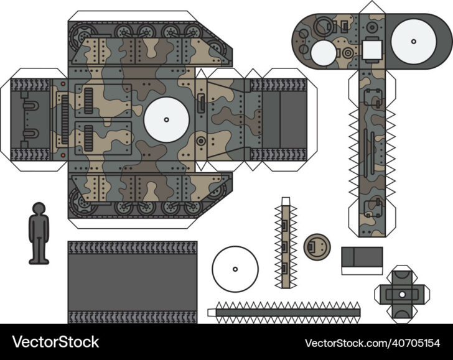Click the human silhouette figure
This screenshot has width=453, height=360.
[39, 233]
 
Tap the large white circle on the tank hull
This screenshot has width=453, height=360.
[166, 119]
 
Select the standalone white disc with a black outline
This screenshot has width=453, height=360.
[235, 269]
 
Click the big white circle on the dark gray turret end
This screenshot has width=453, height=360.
[413, 41]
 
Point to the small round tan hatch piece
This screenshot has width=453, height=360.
[317, 246]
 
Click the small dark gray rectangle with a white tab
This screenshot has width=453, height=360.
[362, 259]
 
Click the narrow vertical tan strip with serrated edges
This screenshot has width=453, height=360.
[285, 244]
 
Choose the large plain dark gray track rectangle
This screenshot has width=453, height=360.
[132, 282]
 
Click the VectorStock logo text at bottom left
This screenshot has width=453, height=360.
[57, 342]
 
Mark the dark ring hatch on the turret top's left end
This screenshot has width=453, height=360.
[322, 27]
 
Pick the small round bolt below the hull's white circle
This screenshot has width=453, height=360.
[200, 141]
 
